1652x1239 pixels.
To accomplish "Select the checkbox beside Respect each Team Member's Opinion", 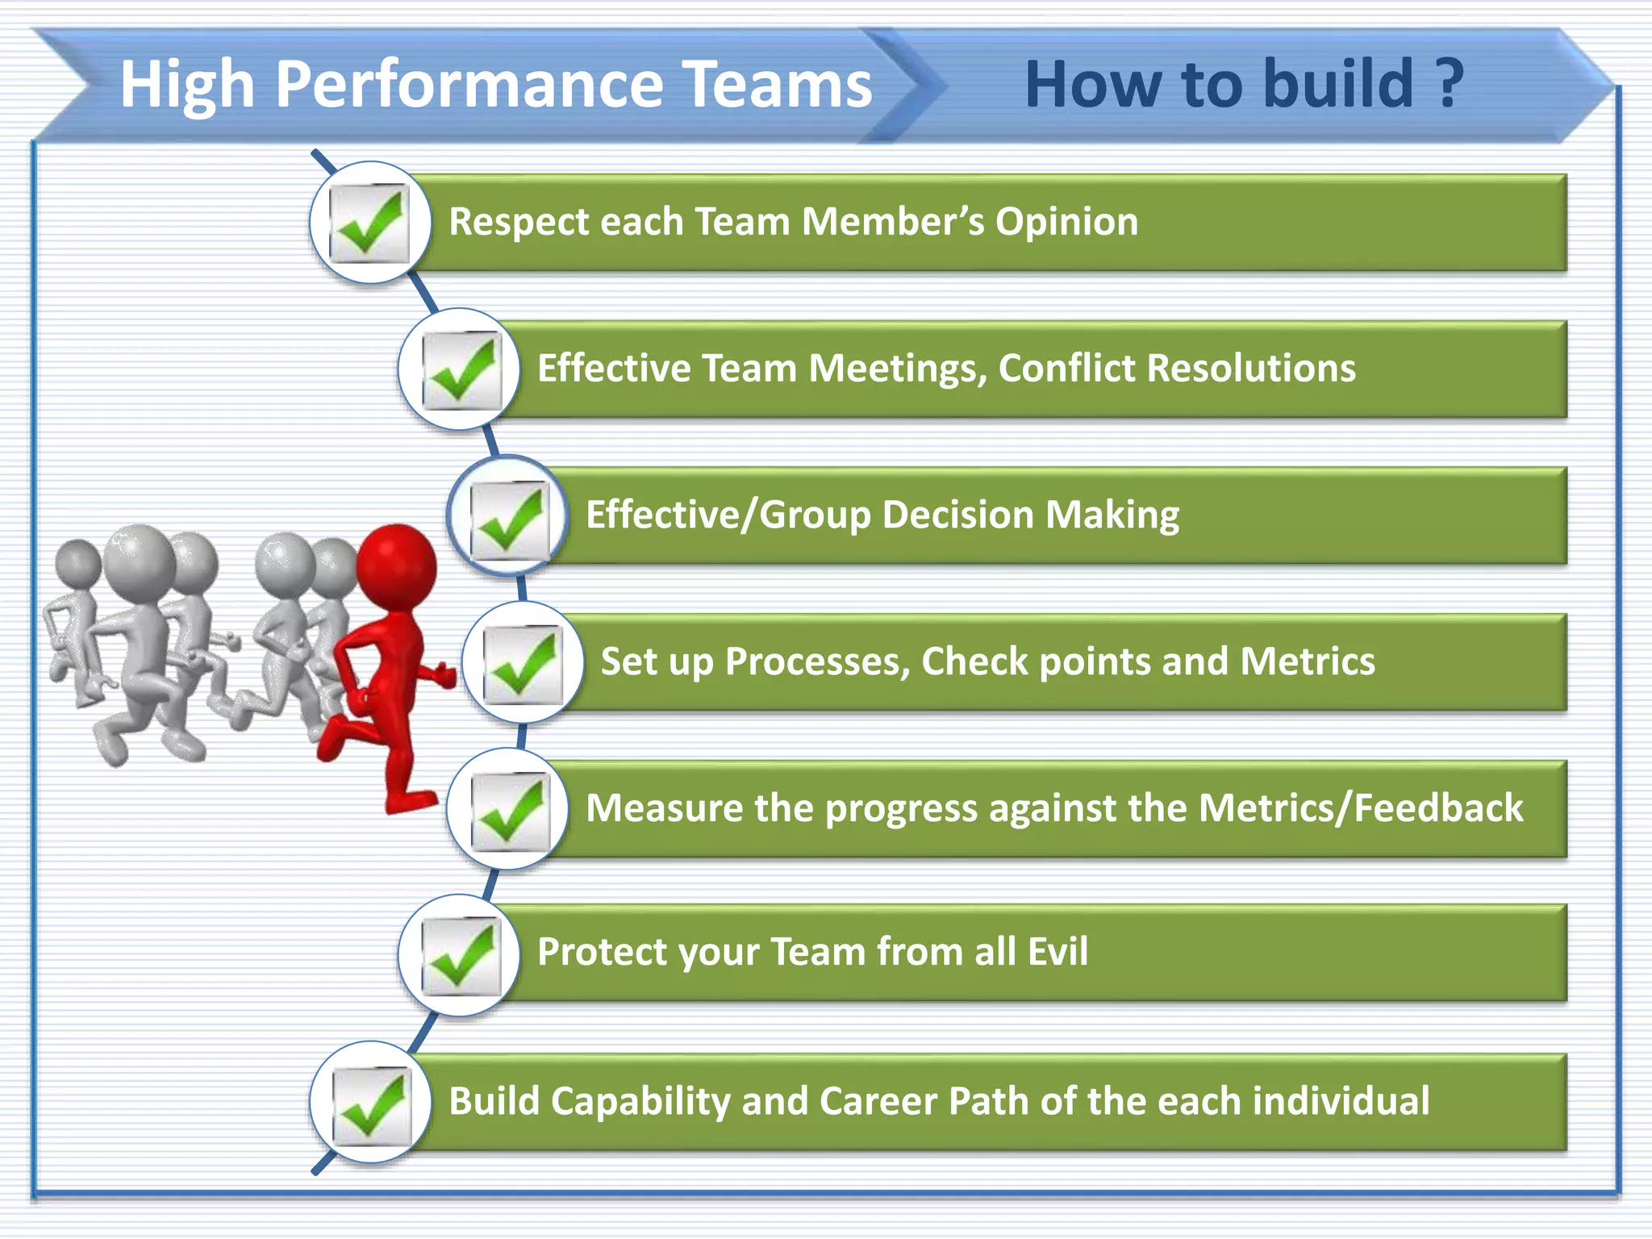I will [370, 223].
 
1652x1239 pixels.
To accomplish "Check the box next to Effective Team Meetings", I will [461, 369].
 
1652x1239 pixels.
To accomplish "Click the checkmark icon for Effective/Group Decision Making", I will [508, 517].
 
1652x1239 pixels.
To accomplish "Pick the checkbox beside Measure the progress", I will [508, 809].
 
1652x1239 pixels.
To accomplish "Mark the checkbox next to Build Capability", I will [370, 1103].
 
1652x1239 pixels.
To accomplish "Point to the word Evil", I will [1057, 952].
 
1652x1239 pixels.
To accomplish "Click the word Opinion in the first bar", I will [1066, 222].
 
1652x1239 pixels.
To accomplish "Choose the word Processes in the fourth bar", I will [816, 662].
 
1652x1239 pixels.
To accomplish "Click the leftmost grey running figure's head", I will [78, 562].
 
